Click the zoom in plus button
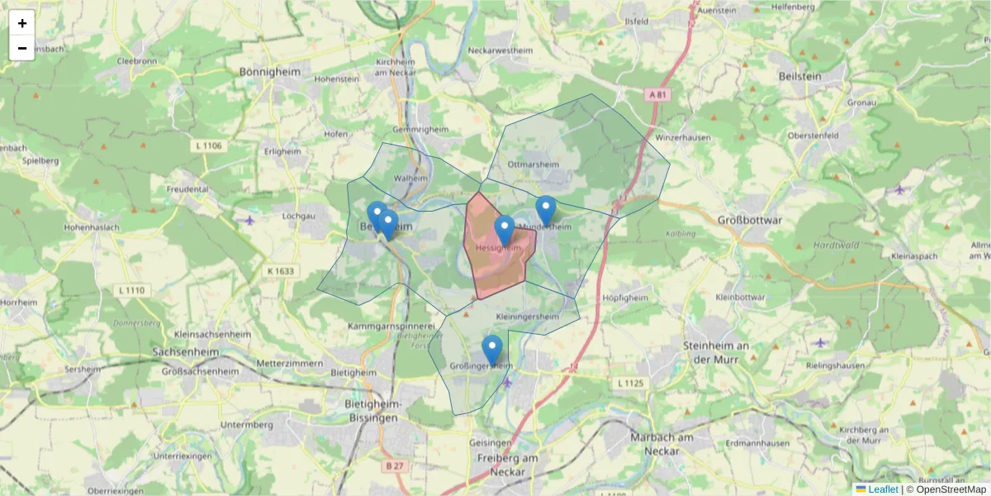22,23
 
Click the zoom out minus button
22,48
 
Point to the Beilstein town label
799,76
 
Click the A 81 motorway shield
657,95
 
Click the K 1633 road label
281,270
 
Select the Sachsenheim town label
189,351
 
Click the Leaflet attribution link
882,489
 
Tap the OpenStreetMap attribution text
951,489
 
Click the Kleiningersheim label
527,317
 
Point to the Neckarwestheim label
500,50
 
